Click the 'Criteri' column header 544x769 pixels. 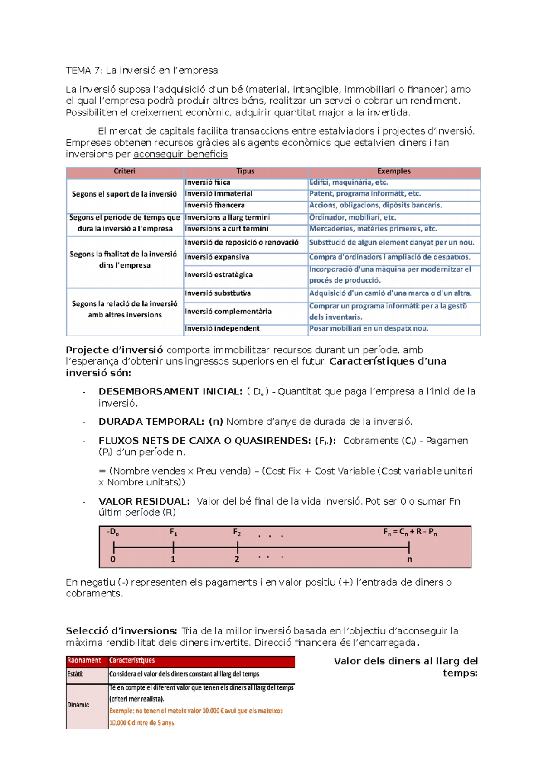pyautogui.click(x=125, y=171)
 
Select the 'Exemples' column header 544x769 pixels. pyautogui.click(x=393, y=171)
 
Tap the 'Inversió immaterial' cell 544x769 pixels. pyautogui.click(x=218, y=194)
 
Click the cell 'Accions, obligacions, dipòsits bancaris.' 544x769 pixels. pyautogui.click(x=375, y=205)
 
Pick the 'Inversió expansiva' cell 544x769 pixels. pyautogui.click(x=217, y=257)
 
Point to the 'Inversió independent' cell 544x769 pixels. pyautogui.click(x=222, y=328)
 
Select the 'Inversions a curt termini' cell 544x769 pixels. pyautogui.click(x=226, y=229)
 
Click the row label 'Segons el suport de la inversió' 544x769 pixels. pyautogui.click(x=124, y=194)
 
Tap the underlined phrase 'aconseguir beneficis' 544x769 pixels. pyautogui.click(x=180, y=154)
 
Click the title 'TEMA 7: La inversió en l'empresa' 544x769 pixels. pyautogui.click(x=141, y=71)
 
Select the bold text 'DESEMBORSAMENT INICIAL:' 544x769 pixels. pyautogui.click(x=170, y=392)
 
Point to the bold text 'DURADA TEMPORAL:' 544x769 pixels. pyautogui.click(x=151, y=422)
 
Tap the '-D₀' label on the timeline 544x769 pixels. pyautogui.click(x=112, y=532)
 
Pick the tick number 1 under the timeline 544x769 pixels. pyautogui.click(x=173, y=559)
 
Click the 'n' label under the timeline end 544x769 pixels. pyautogui.click(x=409, y=559)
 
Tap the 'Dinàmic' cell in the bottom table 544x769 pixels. pyautogui.click(x=78, y=705)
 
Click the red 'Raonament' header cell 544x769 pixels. pyautogui.click(x=84, y=661)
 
